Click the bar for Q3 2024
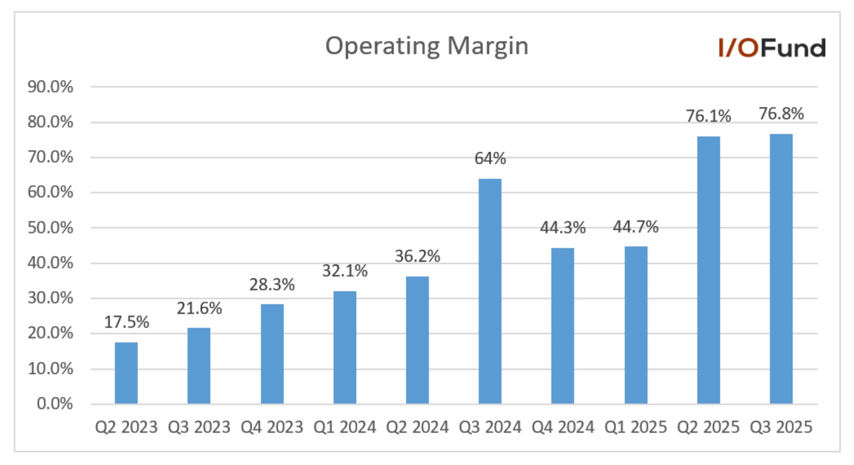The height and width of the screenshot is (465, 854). pyautogui.click(x=490, y=291)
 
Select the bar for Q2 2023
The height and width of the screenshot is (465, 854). pyautogui.click(x=126, y=372)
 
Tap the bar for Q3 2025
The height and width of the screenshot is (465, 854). pyautogui.click(x=781, y=269)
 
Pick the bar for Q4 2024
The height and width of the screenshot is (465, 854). pyautogui.click(x=562, y=326)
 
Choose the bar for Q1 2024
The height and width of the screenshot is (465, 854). pyautogui.click(x=344, y=347)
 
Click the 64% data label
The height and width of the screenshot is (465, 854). pyautogui.click(x=490, y=159)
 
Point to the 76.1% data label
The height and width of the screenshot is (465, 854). pyautogui.click(x=708, y=116)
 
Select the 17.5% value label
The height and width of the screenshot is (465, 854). pyautogui.click(x=126, y=322)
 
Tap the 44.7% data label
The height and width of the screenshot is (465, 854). pyautogui.click(x=635, y=227)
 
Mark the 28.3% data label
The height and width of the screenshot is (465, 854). pyautogui.click(x=272, y=285)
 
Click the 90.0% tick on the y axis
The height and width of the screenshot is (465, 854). pyautogui.click(x=51, y=87)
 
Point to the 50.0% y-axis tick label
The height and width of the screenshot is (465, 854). pyautogui.click(x=51, y=228)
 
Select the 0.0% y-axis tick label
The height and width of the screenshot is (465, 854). pyautogui.click(x=55, y=404)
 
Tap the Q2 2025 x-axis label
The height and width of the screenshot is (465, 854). pyautogui.click(x=708, y=427)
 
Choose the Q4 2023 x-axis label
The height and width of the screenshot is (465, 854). pyautogui.click(x=272, y=427)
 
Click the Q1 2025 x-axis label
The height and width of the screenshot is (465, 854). pyautogui.click(x=635, y=427)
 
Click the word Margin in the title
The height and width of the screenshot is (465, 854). pyautogui.click(x=487, y=46)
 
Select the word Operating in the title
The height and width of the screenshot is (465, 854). pyautogui.click(x=382, y=46)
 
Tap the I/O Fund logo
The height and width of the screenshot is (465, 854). pyautogui.click(x=771, y=48)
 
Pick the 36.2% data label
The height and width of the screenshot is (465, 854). pyautogui.click(x=417, y=256)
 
